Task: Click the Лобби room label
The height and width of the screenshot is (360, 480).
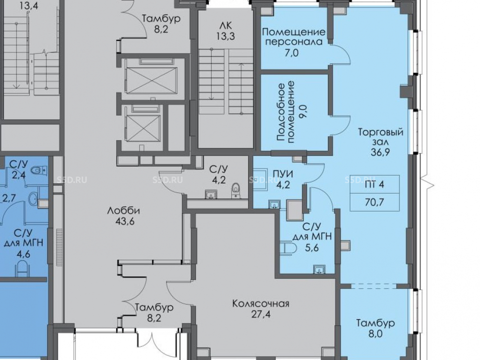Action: point(124,211)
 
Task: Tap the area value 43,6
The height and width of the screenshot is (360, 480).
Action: point(124,221)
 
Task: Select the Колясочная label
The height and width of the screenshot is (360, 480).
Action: point(261,304)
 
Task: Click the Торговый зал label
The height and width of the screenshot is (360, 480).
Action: point(381,137)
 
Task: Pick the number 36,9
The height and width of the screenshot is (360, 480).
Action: point(380,152)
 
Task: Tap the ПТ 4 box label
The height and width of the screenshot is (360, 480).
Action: point(374,185)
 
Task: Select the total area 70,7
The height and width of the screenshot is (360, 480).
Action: point(374,202)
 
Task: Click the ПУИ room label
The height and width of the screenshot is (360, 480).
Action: point(283,174)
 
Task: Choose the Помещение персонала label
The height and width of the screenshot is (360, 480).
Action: point(294,36)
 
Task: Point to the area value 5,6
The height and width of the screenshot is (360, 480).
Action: point(312,248)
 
